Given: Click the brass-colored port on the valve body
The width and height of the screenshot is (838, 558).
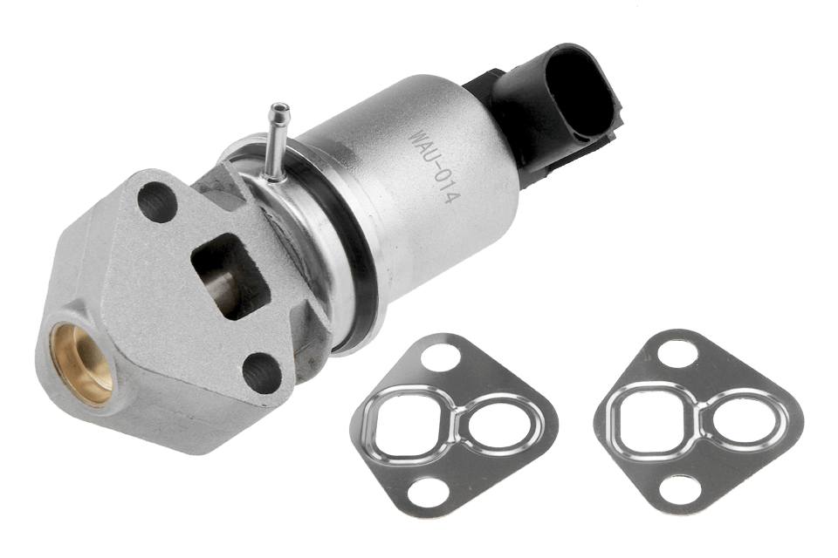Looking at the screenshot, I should click(x=83, y=361).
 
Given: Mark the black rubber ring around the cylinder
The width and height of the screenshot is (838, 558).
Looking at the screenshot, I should click(x=349, y=262).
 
